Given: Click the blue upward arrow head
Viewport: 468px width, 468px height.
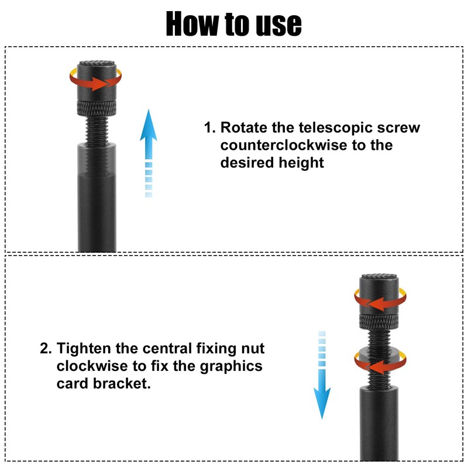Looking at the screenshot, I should (x=149, y=126).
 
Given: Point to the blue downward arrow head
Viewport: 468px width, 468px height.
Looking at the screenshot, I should (x=321, y=404).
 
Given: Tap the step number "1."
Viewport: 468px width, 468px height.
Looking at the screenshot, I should (x=209, y=128).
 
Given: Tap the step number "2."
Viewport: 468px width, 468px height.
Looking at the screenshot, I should (x=46, y=349).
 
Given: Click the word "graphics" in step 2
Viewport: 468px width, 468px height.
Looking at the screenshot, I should (x=233, y=366).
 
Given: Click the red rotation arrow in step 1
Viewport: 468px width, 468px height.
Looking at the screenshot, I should (x=97, y=82).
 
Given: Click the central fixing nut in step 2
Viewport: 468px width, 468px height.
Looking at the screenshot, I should (x=378, y=358).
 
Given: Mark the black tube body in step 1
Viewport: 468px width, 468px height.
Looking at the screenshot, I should (x=97, y=199).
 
